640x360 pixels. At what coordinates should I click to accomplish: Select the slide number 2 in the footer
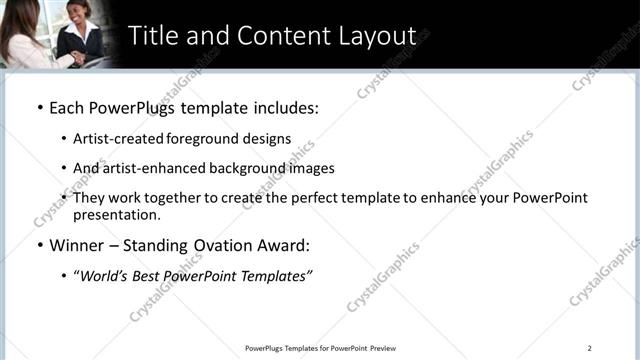click(589, 348)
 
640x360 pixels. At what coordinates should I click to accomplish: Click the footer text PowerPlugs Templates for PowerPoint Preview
click(320, 348)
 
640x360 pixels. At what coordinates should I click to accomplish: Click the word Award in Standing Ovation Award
click(282, 245)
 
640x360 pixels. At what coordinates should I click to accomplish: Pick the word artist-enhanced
click(152, 168)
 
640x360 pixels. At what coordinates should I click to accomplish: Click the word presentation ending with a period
click(116, 214)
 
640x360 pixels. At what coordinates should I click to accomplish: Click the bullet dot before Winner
click(39, 245)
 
